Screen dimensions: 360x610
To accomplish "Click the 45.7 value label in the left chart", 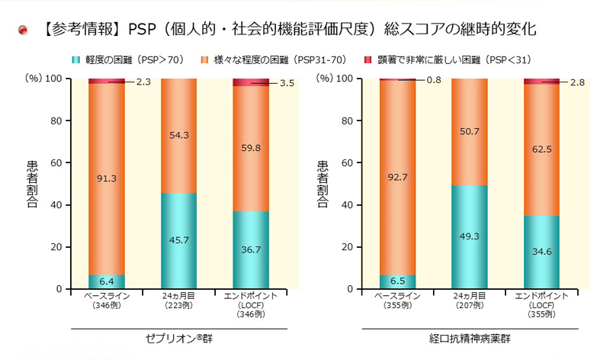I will coord(178,239).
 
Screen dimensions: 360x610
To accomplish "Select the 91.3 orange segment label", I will coord(107,178).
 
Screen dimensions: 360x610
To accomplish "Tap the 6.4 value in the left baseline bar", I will coord(107,281).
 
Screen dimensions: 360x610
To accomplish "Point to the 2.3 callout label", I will coord(143,82).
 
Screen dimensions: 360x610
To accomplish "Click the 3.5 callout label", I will coord(287,83).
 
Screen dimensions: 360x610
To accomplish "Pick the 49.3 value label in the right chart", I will coord(470,236).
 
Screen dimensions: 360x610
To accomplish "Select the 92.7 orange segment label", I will coord(397,177).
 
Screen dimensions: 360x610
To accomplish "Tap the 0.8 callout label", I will coord(433,80).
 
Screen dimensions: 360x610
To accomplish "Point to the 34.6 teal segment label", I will coord(542,251).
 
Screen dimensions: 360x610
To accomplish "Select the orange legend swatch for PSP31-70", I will coord(204,59).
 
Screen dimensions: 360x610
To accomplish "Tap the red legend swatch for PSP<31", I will coord(367,59).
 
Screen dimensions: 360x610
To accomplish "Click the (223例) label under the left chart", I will coord(178,305).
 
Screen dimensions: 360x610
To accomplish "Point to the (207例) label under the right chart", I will coord(470,305).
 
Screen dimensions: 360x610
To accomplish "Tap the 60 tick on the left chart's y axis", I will coord(56,162).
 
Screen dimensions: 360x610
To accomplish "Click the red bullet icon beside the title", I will coord(23,30).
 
